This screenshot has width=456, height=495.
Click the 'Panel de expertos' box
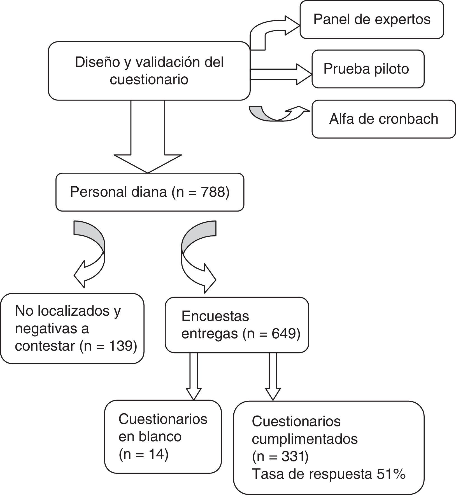pos(372,20)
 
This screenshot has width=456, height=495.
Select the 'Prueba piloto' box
pos(368,69)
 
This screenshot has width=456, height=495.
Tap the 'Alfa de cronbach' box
pos(383,119)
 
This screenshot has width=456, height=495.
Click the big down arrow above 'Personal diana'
pos(148,140)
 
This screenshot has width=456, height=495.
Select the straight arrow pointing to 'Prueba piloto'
pos(280,74)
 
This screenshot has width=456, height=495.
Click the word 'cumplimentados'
pos(305,438)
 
